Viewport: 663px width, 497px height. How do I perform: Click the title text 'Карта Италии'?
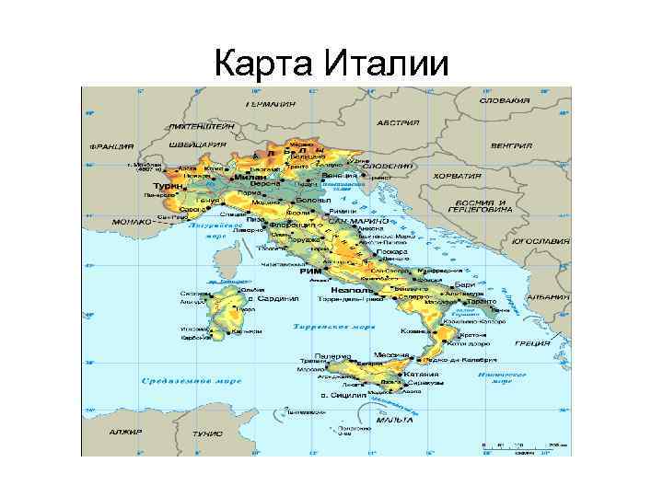[x=331, y=64]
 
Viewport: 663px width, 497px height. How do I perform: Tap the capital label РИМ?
[x=308, y=272]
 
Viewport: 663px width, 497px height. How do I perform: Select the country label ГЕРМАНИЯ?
[x=270, y=104]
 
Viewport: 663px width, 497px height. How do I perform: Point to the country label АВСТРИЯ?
[x=399, y=122]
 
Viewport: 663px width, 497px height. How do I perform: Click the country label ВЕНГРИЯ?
[x=511, y=145]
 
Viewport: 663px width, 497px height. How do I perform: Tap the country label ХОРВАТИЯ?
[x=458, y=175]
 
